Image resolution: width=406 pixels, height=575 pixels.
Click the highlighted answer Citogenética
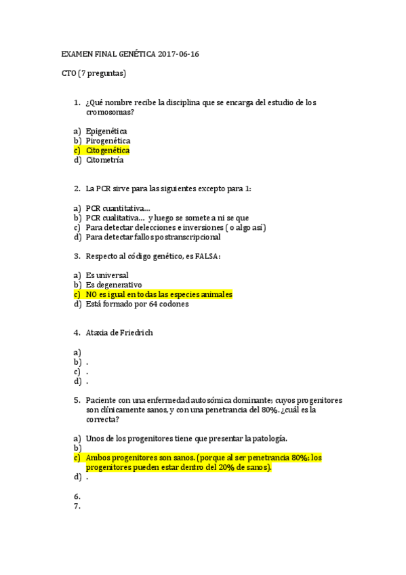point(108,151)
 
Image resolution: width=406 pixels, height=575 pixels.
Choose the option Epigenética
point(106,131)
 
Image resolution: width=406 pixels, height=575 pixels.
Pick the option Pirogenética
point(108,140)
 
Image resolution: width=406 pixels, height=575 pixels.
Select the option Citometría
point(104,160)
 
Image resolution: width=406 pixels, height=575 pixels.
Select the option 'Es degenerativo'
point(113,285)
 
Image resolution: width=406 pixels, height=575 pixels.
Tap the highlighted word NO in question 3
point(93,295)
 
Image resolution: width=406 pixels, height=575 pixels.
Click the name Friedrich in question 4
point(136,333)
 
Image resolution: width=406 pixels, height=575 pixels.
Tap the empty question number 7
point(77,506)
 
